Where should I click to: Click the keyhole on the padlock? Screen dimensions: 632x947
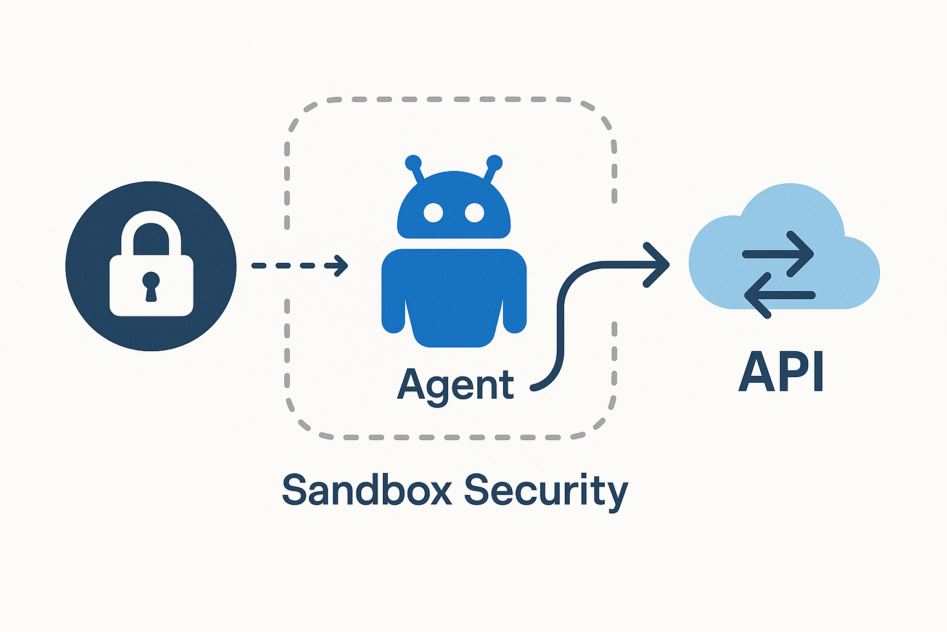click(151, 285)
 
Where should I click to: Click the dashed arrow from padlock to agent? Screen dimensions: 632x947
click(300, 266)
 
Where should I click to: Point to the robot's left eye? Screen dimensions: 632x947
click(433, 213)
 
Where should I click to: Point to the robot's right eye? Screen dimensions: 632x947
click(474, 213)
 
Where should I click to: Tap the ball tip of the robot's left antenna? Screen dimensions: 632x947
click(412, 162)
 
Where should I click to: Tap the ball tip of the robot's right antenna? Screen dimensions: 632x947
click(494, 162)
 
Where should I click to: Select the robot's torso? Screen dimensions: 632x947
click(454, 284)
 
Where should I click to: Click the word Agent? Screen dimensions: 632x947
click(455, 386)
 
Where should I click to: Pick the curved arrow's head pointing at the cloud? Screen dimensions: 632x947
click(658, 265)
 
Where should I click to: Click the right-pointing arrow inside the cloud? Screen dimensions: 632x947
click(778, 254)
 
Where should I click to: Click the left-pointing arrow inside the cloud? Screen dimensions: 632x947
click(779, 296)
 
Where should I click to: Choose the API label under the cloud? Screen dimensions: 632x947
click(781, 372)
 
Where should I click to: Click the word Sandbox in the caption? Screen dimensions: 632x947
click(367, 491)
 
